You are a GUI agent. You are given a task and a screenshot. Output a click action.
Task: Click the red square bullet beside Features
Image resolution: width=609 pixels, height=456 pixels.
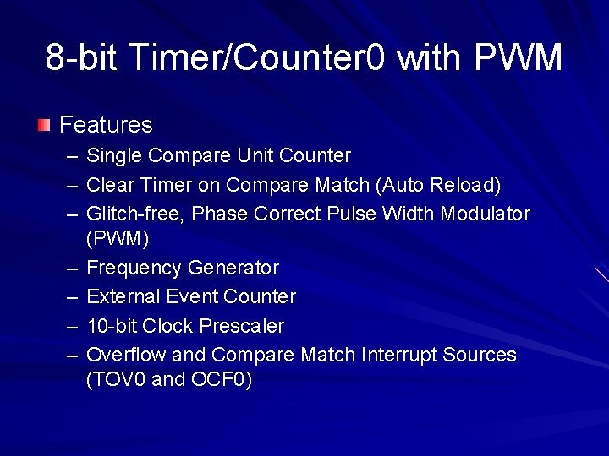click(43, 126)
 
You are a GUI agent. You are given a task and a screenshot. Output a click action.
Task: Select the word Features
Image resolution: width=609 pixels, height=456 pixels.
click(106, 125)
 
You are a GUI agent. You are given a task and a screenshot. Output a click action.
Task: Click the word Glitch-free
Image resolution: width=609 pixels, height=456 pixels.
click(136, 214)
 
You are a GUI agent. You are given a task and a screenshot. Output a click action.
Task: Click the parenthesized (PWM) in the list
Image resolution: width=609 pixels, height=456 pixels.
click(118, 240)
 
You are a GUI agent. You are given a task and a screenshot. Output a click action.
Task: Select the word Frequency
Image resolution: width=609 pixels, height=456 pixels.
click(134, 269)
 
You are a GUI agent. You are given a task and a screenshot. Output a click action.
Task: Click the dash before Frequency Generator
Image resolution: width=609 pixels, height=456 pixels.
click(69, 269)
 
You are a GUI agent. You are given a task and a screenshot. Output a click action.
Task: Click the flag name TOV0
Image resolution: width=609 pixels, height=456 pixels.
click(116, 380)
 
